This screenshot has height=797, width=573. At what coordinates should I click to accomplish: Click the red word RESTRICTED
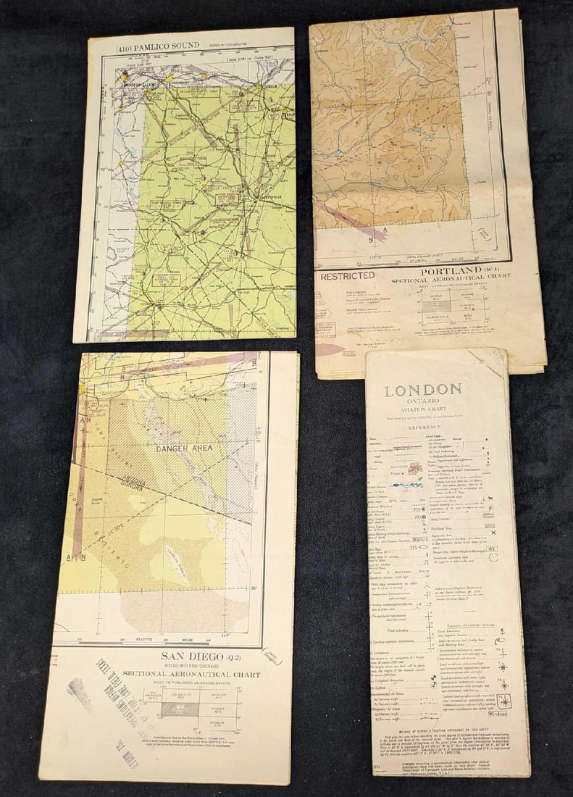click(x=348, y=275)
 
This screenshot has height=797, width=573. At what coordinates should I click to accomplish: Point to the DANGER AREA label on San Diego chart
click(x=184, y=448)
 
